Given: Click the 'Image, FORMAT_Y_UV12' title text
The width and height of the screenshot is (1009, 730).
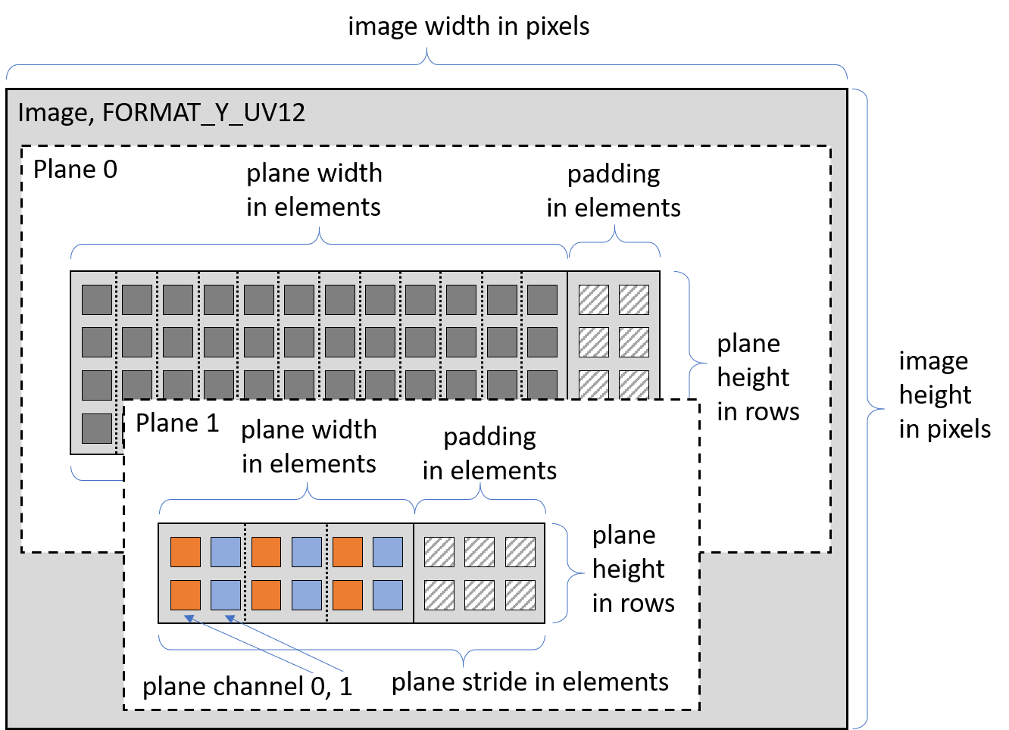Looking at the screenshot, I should tap(161, 113).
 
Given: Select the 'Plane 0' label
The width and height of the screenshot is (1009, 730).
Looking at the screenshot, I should tap(76, 170).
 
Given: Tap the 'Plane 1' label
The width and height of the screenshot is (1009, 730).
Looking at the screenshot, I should tap(177, 423).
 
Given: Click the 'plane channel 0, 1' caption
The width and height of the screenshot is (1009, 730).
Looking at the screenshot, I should tap(248, 686).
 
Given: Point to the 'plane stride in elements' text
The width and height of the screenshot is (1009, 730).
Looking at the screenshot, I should tap(529, 682).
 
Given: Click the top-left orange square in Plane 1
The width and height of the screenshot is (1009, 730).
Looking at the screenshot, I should tap(186, 552).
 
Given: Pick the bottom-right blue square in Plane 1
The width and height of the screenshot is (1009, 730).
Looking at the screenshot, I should tap(388, 595).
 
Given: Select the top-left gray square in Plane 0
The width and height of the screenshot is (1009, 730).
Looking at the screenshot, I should tap(97, 300).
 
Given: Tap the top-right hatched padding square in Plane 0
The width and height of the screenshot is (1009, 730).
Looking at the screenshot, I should tap(634, 300).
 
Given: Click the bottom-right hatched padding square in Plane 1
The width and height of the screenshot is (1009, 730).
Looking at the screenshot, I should tap(520, 595).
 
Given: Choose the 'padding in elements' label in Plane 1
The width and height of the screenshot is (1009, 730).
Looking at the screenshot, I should tap(489, 454).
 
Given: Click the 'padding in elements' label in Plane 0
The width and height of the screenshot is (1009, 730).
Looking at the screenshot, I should tap(614, 191).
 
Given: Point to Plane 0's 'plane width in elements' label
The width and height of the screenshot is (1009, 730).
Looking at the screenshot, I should tap(314, 190).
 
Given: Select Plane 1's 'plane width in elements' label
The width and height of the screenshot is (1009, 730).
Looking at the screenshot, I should tap(309, 447).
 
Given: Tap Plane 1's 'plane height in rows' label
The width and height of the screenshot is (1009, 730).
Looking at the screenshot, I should tap(633, 569).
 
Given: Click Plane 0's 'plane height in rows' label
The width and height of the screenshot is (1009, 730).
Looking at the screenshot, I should tap(758, 377).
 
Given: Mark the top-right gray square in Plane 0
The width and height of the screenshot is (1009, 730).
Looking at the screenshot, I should tap(542, 300).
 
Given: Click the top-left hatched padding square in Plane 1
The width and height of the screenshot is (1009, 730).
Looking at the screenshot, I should tap(439, 552).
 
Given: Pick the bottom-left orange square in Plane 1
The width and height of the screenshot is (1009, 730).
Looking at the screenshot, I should tap(186, 595).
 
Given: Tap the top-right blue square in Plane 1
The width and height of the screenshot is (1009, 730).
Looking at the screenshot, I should tap(388, 552).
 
